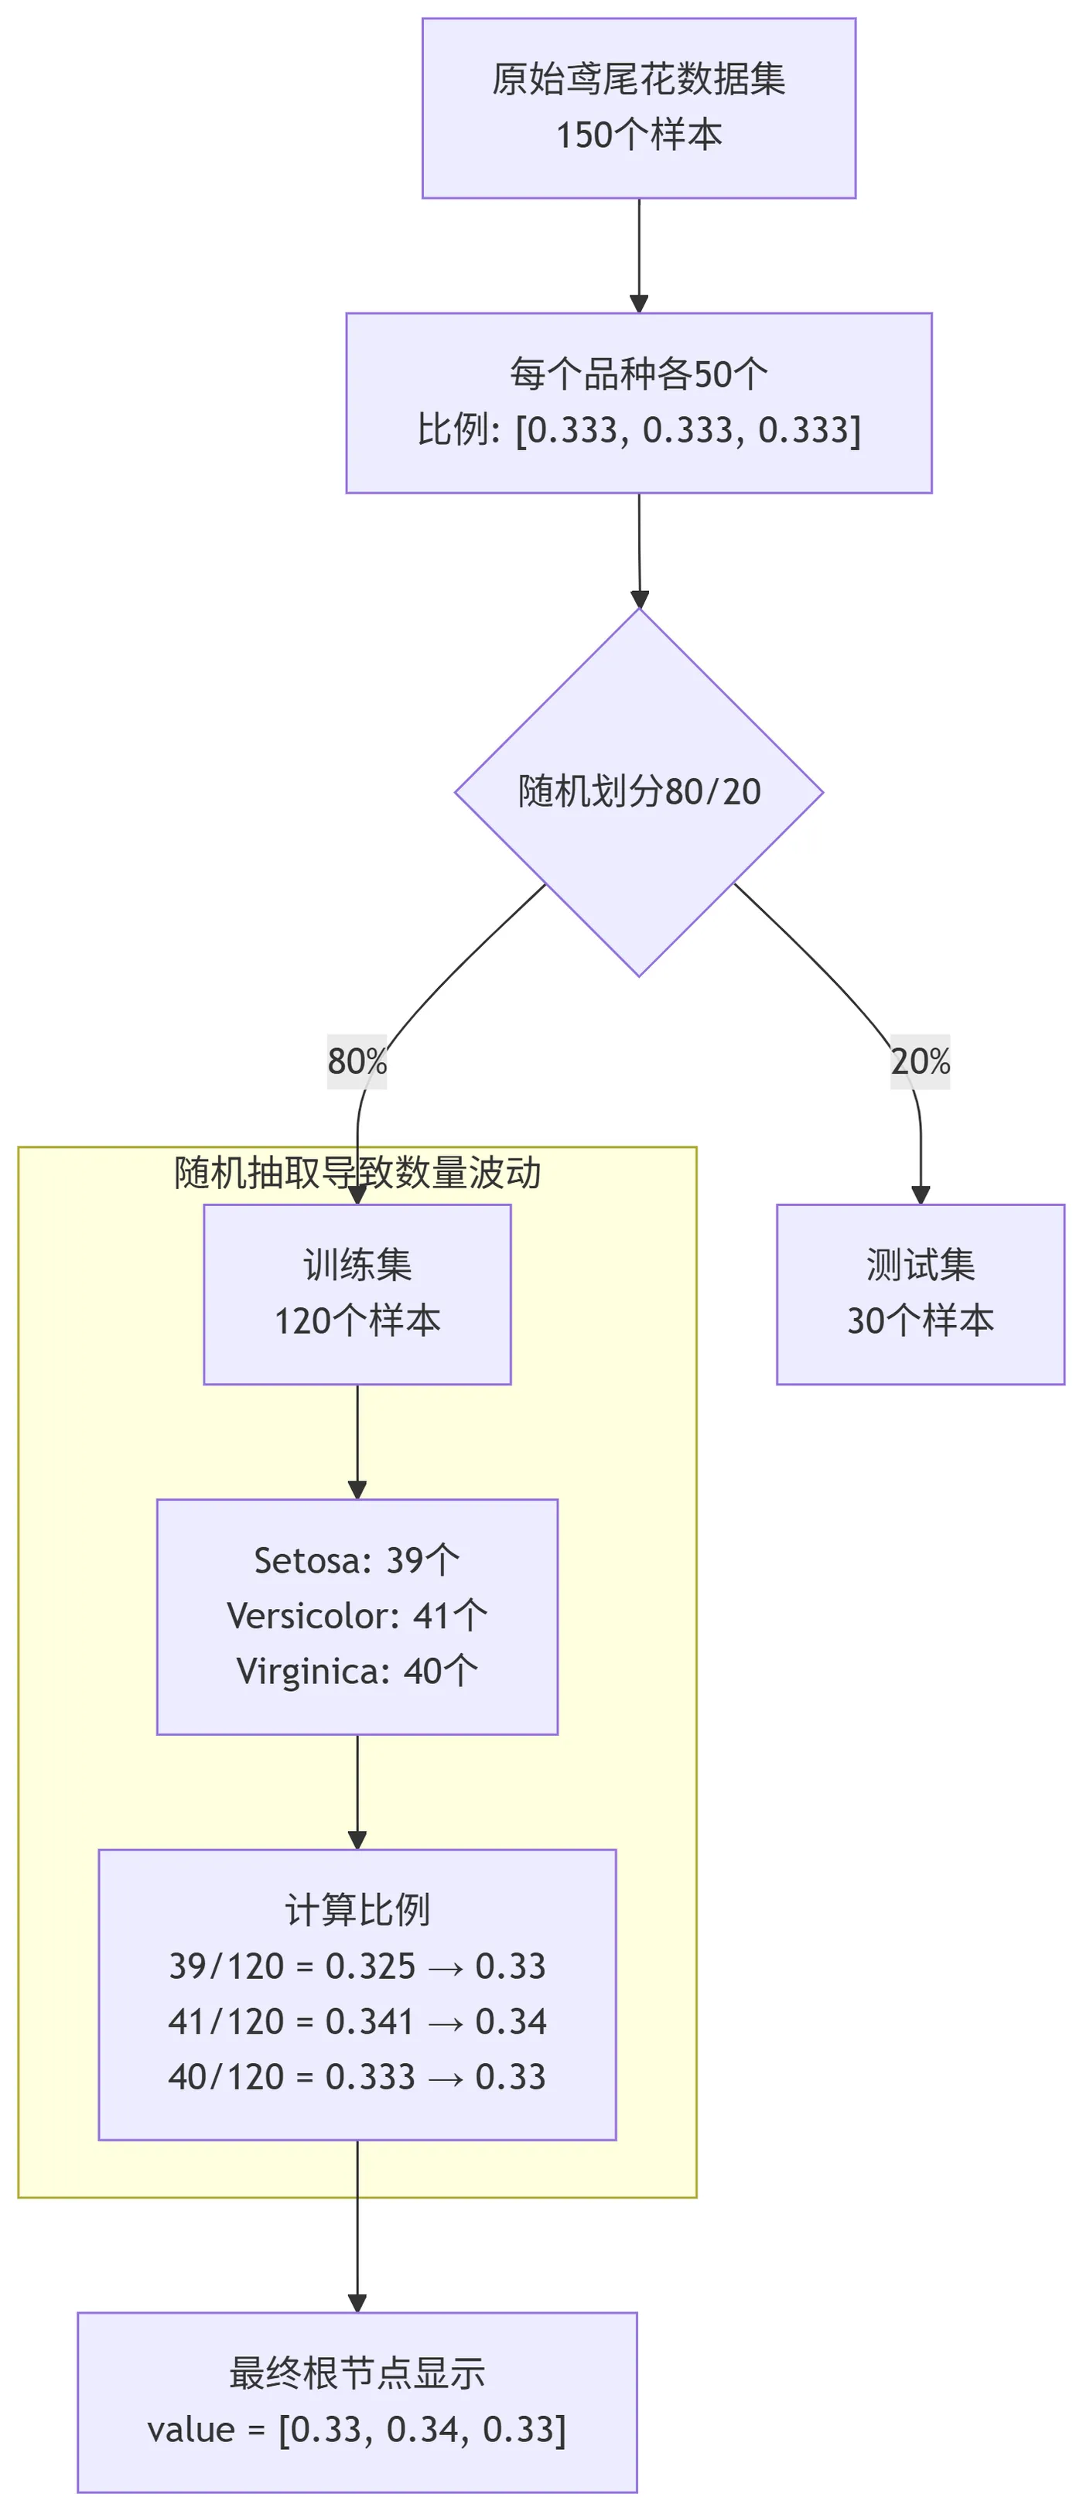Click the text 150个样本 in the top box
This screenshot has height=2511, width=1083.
638,135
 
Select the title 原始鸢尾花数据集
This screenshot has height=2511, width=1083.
638,79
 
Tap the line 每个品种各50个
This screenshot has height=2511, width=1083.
638,374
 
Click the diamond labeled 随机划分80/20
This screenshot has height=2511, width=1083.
638,791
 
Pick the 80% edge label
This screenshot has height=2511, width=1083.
357,1061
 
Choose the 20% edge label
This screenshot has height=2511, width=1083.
919,1061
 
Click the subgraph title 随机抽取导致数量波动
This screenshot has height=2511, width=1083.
357,1173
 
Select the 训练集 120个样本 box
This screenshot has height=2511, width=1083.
357,1293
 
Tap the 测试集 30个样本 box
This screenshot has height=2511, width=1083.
919,1293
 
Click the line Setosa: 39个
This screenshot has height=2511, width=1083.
357,1560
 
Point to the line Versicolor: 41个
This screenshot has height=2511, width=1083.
357,1616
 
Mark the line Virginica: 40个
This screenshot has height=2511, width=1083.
357,1672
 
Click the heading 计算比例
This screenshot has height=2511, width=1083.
357,1910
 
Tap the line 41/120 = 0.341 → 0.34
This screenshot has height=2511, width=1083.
357,2021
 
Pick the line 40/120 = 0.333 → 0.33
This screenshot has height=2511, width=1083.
357,2077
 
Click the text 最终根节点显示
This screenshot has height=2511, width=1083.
357,2373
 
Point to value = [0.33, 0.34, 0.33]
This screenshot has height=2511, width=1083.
357,2430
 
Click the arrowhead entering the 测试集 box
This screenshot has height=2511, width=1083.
919,1195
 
